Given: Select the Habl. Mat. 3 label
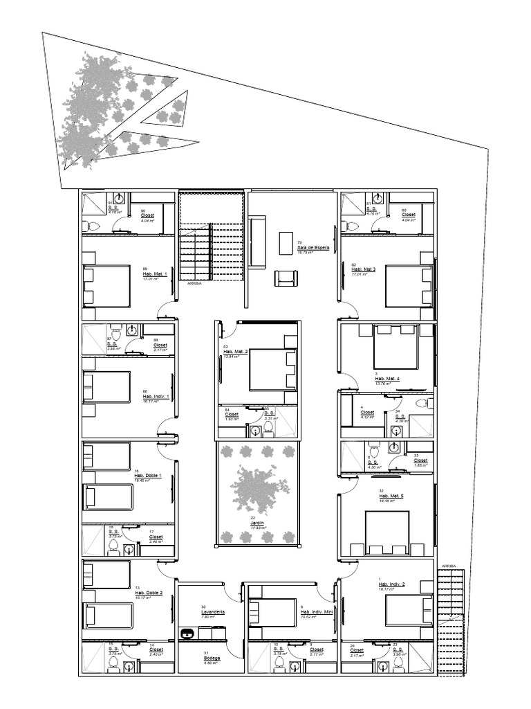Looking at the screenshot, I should click(363, 269).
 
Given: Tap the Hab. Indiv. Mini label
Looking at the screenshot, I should click(317, 612).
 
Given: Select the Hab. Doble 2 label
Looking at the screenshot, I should click(148, 593).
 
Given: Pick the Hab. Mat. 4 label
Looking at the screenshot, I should click(387, 379).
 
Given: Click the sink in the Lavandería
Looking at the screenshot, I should click(187, 632).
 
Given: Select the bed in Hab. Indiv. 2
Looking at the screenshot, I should click(409, 611).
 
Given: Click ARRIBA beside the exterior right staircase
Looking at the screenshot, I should click(449, 566).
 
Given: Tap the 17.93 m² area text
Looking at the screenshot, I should click(258, 528).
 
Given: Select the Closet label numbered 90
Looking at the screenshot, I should click(147, 215).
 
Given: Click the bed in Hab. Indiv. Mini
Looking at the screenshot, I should click(272, 612).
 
